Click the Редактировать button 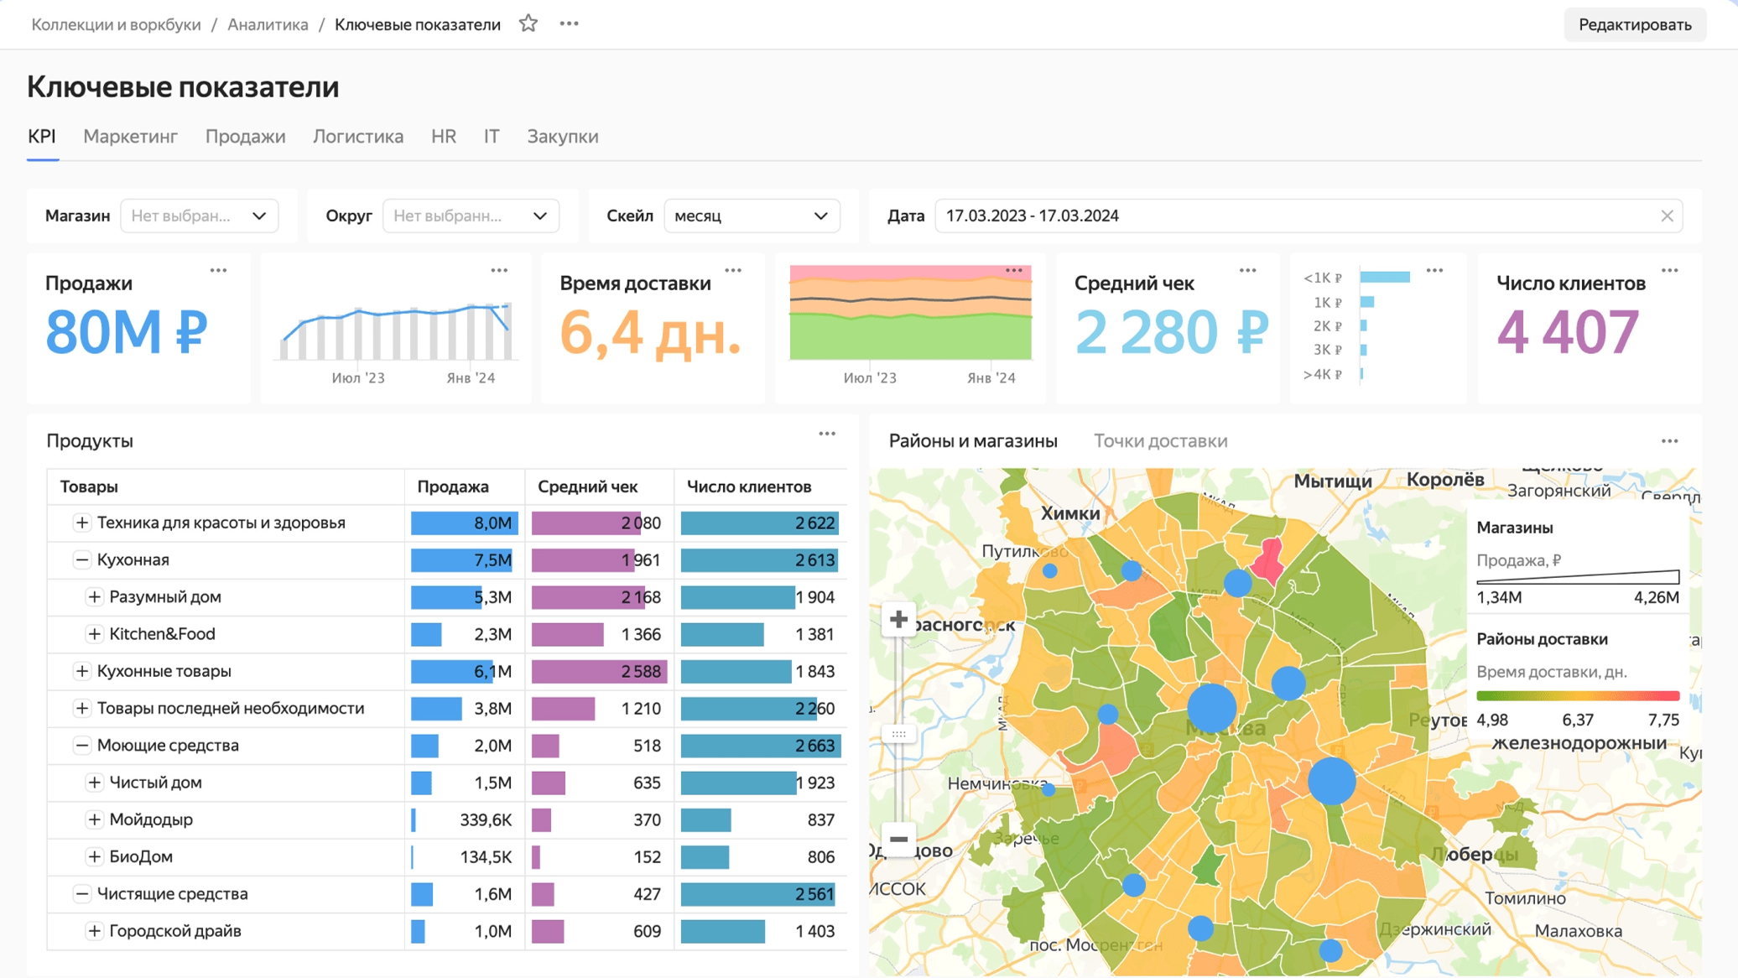(x=1634, y=24)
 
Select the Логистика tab (x=357, y=136)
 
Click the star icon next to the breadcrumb (x=528, y=23)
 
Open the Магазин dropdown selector (x=199, y=216)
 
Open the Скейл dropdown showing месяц (x=751, y=216)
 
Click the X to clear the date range (x=1667, y=216)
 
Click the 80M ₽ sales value (x=126, y=332)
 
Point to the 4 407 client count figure (x=1567, y=332)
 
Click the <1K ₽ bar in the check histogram (x=1384, y=278)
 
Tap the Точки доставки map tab (x=1160, y=440)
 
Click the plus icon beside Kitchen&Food (x=94, y=634)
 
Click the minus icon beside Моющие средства (x=81, y=745)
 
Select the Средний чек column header (x=587, y=486)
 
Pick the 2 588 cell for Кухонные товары (x=642, y=671)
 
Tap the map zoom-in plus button (x=898, y=619)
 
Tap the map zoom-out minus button (x=898, y=839)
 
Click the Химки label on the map (x=1069, y=513)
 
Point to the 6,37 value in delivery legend (x=1577, y=720)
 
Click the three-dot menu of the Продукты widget (x=826, y=434)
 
